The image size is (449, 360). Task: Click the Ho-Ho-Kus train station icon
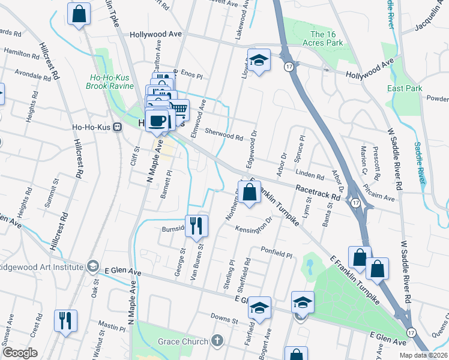click(118, 127)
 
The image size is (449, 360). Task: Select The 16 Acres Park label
click(327, 38)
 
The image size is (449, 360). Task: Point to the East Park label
click(402, 88)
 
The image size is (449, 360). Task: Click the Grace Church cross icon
click(217, 341)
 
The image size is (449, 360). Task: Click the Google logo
click(19, 353)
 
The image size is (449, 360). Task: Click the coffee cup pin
click(157, 121)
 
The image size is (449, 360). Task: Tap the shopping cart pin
click(178, 110)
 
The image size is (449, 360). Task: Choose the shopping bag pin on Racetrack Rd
click(250, 192)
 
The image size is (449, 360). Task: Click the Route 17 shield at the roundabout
click(356, 203)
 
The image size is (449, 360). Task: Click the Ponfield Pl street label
click(276, 252)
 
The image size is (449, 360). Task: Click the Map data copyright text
click(423, 355)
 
